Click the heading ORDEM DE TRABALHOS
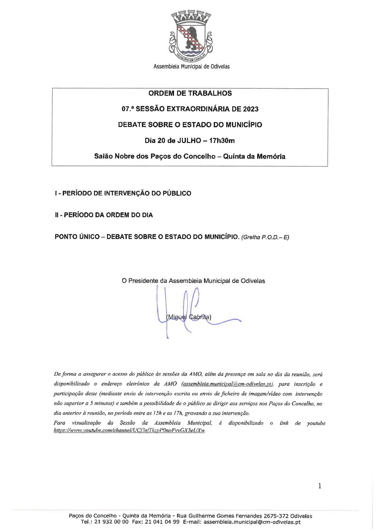tap(190, 93)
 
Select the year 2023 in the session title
tap(251, 109)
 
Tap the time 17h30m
tap(222, 141)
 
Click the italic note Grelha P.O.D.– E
tap(265, 237)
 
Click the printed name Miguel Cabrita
tap(189, 317)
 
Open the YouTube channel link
tap(129, 430)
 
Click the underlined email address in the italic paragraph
tap(228, 384)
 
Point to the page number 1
tap(320, 486)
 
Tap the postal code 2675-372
tap(276, 516)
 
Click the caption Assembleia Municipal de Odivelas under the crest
tap(191, 66)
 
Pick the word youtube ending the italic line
tap(316, 423)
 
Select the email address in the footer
tap(252, 522)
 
